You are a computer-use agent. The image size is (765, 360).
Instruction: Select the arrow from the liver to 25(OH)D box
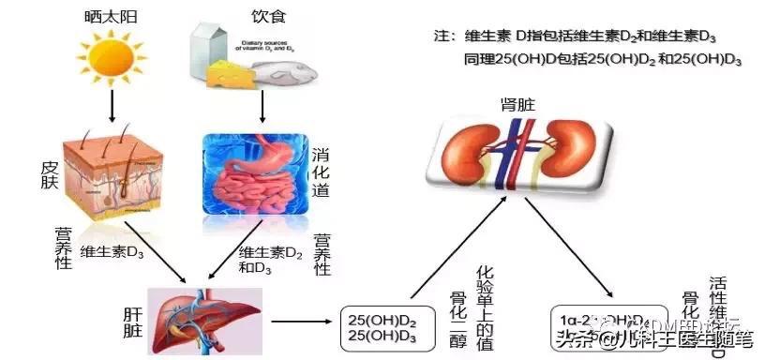[301, 322]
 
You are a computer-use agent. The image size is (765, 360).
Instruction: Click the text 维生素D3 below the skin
[112, 250]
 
